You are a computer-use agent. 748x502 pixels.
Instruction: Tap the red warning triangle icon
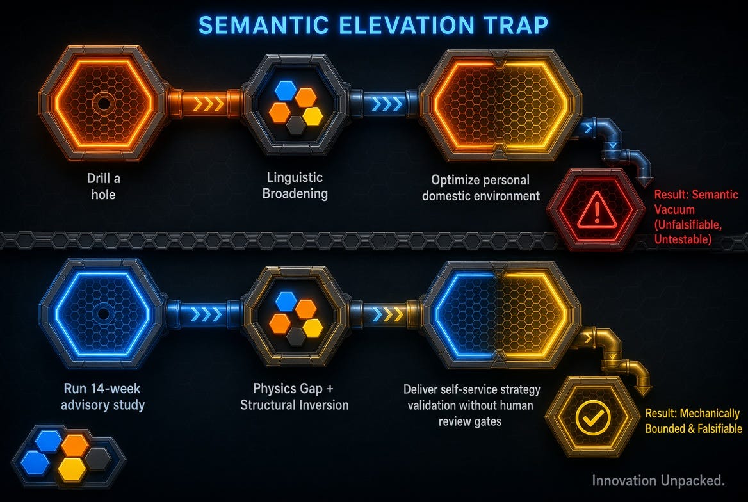[x=596, y=211]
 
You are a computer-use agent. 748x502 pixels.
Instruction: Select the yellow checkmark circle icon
[x=593, y=417]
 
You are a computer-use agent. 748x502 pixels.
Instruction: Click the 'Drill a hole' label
[x=104, y=186]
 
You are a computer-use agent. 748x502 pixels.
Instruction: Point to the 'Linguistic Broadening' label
[x=295, y=185]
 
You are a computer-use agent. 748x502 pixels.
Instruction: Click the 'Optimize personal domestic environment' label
[x=481, y=188]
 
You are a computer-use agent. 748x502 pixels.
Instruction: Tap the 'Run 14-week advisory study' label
[x=102, y=396]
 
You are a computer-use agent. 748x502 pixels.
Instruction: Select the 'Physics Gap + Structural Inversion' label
[x=295, y=396]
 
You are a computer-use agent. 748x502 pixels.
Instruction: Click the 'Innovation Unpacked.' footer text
[x=658, y=480]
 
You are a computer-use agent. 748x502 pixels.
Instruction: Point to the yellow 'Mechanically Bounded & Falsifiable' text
[x=694, y=421]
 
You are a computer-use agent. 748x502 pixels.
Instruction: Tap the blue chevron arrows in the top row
[x=386, y=104]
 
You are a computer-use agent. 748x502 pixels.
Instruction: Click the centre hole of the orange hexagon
[x=103, y=104]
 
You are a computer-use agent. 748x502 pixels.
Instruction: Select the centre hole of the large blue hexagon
[x=103, y=314]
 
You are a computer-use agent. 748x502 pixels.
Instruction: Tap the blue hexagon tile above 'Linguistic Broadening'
[x=285, y=91]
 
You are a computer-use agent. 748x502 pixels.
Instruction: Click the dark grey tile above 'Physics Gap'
[x=297, y=336]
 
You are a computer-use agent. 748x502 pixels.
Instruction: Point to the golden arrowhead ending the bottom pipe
[x=644, y=390]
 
